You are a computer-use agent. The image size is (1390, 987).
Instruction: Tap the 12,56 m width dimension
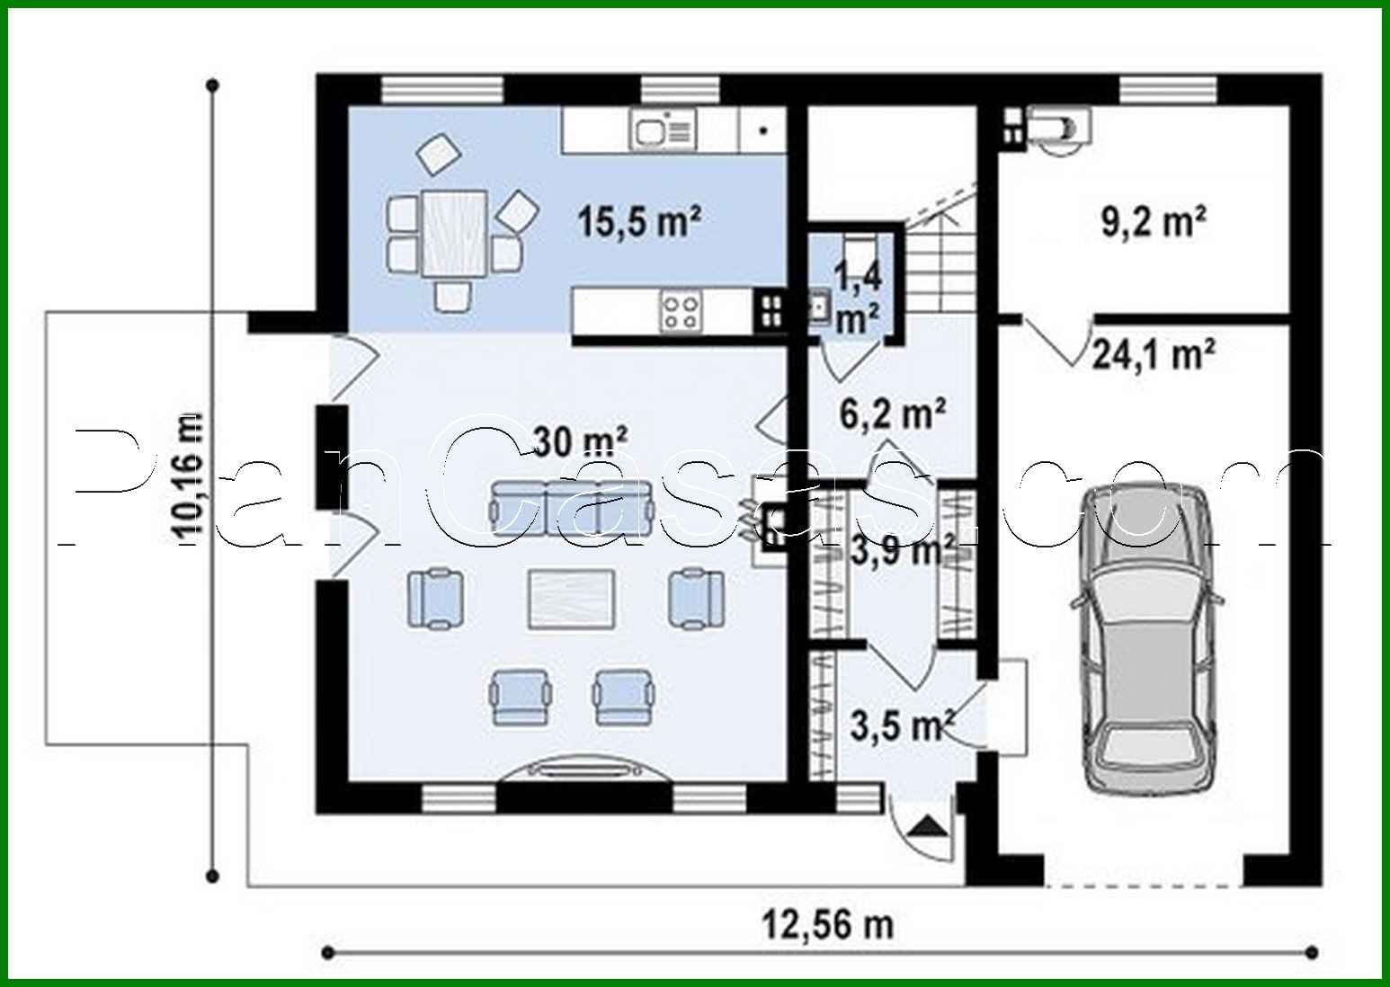tap(828, 923)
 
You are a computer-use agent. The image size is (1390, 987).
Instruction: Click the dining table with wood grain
tap(454, 232)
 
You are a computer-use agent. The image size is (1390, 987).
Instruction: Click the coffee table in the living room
tap(573, 597)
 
